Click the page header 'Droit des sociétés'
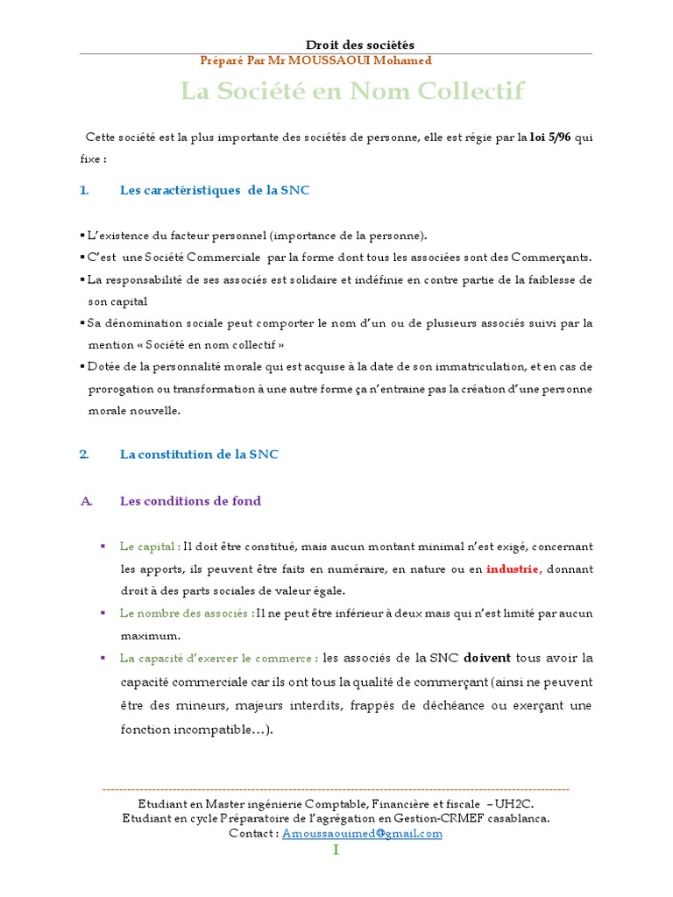click(x=360, y=45)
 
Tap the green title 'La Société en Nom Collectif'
click(x=352, y=91)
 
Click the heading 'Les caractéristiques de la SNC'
click(x=215, y=190)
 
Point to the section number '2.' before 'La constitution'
click(x=85, y=455)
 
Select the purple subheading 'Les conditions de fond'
click(x=190, y=501)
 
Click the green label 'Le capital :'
click(x=151, y=546)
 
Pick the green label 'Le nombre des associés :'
click(x=188, y=612)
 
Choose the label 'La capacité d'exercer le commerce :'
click(x=219, y=658)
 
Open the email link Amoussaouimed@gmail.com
click(x=362, y=834)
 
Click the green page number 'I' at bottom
click(x=336, y=851)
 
